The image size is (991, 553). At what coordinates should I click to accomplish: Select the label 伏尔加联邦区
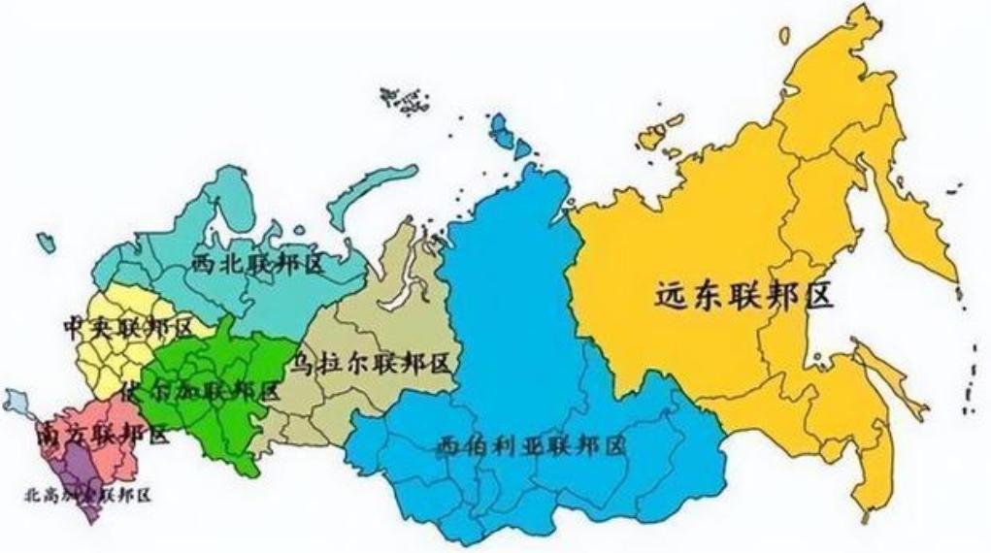[x=200, y=392]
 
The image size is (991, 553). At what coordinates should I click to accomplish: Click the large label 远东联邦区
[x=743, y=295]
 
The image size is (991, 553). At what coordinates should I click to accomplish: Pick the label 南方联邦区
[x=101, y=434]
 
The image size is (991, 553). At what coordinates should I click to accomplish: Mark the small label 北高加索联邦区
[x=87, y=495]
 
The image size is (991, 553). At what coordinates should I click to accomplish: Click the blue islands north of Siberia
[x=510, y=134]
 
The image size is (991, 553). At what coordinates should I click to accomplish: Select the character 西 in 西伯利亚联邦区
[x=448, y=446]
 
